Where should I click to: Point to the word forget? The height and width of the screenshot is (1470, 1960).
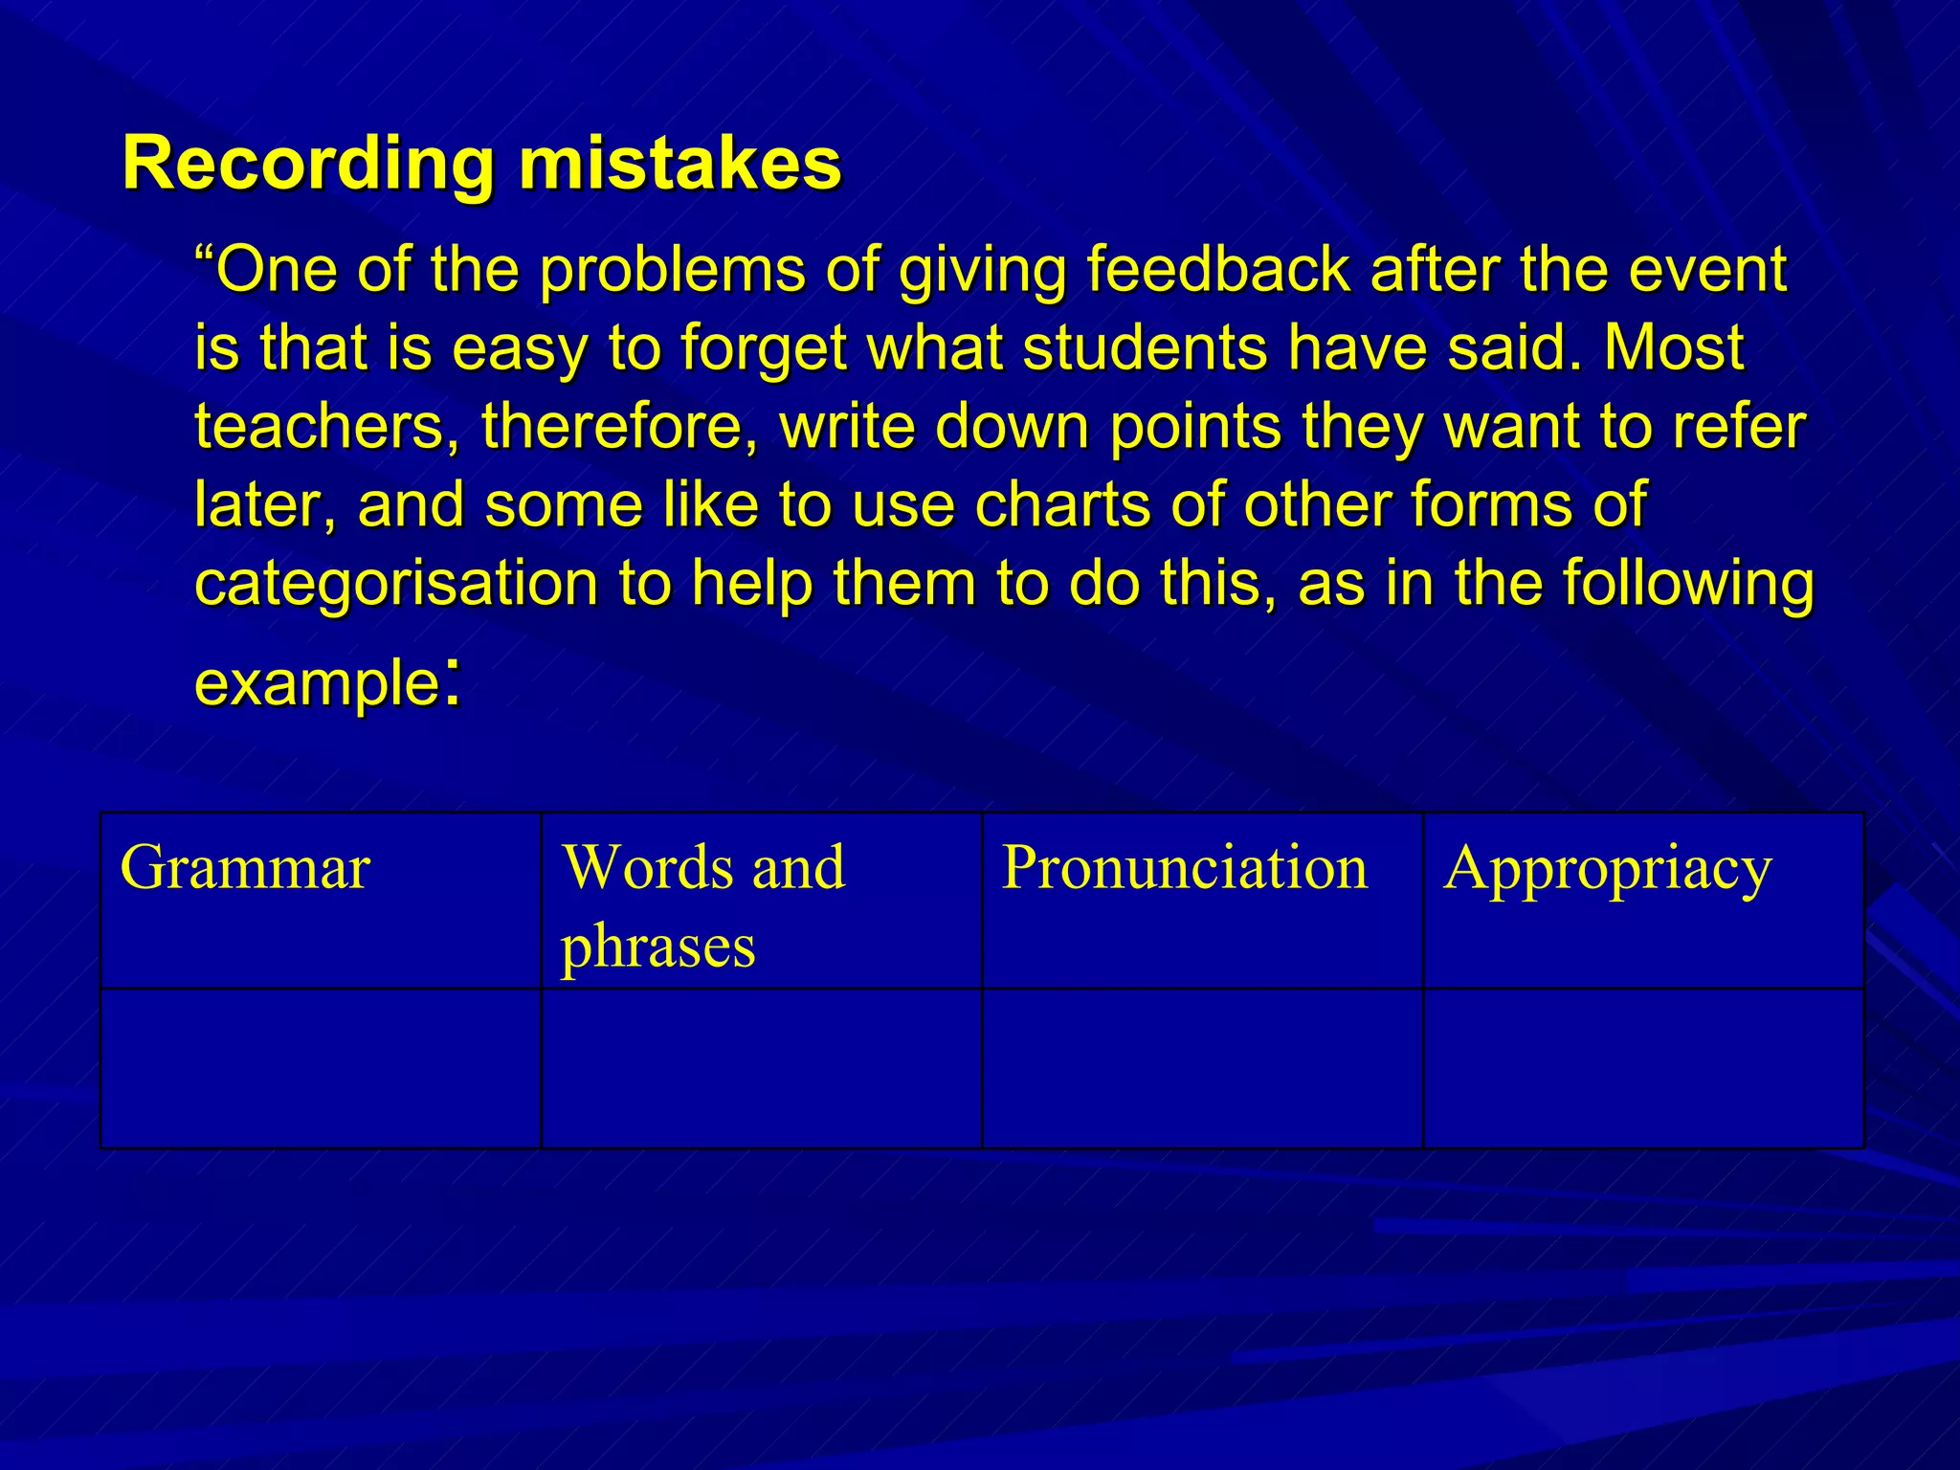[x=764, y=348]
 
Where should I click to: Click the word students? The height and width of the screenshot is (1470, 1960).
[x=1146, y=348]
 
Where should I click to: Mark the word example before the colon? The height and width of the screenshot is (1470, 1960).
[x=316, y=683]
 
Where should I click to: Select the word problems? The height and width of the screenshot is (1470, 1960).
[x=673, y=270]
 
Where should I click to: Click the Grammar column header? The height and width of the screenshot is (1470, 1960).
[x=245, y=869]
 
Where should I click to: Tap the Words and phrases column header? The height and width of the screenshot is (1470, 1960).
[x=703, y=905]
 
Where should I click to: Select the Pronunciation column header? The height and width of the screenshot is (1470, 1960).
[x=1185, y=869]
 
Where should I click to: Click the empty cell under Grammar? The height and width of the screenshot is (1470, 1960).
[x=321, y=1068]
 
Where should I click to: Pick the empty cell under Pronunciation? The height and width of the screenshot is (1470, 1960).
[x=1202, y=1068]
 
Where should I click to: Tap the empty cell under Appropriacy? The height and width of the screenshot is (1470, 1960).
[x=1643, y=1068]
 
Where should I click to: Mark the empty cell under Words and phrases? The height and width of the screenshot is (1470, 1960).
[x=762, y=1068]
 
